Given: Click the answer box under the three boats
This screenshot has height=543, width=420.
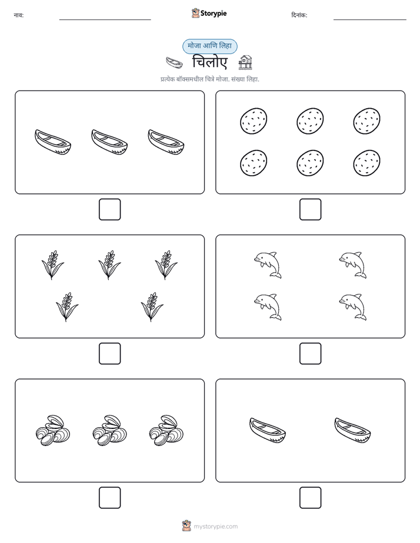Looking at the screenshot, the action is point(110,210).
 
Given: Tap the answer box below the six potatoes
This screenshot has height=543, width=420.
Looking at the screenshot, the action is point(310,210).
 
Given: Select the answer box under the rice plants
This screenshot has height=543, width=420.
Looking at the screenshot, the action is point(110,354).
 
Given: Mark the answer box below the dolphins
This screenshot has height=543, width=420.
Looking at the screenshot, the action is point(310,354).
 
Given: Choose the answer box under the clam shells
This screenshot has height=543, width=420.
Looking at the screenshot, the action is point(110,498).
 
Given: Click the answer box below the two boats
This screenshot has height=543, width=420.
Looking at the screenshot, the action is point(310,498).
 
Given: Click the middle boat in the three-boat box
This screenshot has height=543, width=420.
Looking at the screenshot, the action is point(109,142).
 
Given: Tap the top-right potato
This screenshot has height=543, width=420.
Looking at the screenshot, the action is point(366,121).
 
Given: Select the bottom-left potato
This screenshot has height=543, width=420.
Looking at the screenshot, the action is point(254,163).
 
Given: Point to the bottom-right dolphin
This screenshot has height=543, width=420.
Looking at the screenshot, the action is point(353,307).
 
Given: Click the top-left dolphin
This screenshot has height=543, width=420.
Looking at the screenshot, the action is point(268,265).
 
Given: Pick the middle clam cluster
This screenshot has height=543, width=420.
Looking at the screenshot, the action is point(110,430).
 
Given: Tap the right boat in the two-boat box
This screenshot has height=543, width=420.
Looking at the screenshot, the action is point(352,430).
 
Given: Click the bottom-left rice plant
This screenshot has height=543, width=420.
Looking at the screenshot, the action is point(67,307).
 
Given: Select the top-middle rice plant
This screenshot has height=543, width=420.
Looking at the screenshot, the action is point(109,264).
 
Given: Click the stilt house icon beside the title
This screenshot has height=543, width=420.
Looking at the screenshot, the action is point(245,62).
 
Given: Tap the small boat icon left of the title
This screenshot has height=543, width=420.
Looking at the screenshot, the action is point(174,63).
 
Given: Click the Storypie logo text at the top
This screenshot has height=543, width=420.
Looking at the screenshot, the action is point(214,14).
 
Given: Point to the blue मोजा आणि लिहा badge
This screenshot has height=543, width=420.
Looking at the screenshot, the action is point(209,46).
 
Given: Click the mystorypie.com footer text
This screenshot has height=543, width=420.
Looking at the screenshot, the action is point(215,527).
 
